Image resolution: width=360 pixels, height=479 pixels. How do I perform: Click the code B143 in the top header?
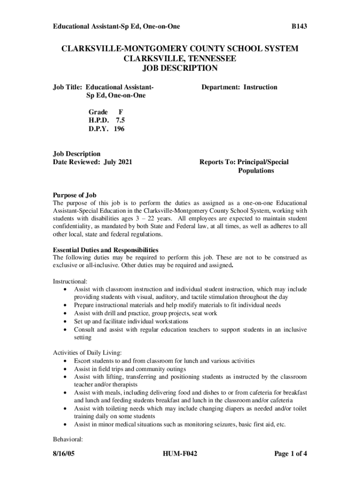[x=299, y=27]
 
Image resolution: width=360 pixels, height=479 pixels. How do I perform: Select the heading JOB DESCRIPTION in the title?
[x=180, y=68]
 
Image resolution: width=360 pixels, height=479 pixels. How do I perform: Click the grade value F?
[x=121, y=112]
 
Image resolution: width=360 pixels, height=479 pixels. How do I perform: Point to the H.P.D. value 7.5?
[x=120, y=121]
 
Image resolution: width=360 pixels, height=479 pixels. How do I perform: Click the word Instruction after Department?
[x=260, y=87]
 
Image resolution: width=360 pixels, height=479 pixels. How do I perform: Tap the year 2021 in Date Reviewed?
[x=123, y=162]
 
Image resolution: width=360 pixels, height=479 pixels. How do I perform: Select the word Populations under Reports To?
[x=256, y=171]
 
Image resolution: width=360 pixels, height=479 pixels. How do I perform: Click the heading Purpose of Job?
[x=75, y=195]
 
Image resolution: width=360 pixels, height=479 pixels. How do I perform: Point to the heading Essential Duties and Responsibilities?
[x=106, y=250]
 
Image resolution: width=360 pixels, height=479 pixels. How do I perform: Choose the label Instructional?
[x=70, y=281]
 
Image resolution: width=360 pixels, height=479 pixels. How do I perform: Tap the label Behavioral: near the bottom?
[x=68, y=439]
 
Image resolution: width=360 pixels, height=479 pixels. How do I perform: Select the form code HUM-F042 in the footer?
[x=180, y=453]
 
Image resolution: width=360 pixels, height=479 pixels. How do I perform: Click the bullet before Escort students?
[x=64, y=361]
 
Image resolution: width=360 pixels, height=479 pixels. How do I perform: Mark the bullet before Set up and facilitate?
[x=64, y=321]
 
